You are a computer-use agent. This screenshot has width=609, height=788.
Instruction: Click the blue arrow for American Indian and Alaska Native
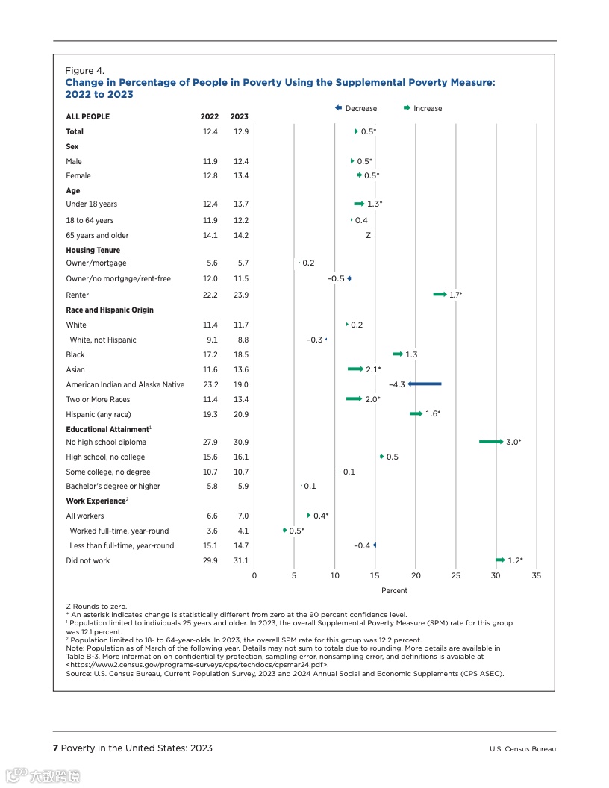[425, 384]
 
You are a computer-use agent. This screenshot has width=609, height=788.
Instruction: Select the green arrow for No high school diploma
[491, 442]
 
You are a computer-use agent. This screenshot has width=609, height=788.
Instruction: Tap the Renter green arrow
[440, 295]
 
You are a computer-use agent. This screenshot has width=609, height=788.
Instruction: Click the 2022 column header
[210, 116]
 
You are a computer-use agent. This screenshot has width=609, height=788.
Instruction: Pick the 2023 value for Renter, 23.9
[240, 295]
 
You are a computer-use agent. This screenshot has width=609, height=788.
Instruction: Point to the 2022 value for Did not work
[210, 560]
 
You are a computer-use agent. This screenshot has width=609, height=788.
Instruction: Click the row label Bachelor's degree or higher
[113, 487]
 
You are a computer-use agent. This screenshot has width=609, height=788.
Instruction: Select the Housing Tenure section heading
[93, 251]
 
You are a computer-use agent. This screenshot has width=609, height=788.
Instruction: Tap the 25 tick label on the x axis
[456, 575]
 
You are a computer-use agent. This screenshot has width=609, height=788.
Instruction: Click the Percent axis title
[395, 591]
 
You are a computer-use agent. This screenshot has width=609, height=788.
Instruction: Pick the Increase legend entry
[422, 108]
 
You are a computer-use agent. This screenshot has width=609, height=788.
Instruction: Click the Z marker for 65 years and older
[368, 235]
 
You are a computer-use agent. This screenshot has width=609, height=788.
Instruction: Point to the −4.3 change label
[397, 384]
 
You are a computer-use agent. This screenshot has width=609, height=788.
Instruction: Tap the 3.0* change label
[513, 442]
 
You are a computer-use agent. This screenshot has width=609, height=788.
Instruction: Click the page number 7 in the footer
[55, 748]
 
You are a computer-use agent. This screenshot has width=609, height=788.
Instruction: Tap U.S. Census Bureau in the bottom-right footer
[522, 749]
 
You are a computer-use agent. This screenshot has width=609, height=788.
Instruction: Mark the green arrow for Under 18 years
[359, 204]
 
